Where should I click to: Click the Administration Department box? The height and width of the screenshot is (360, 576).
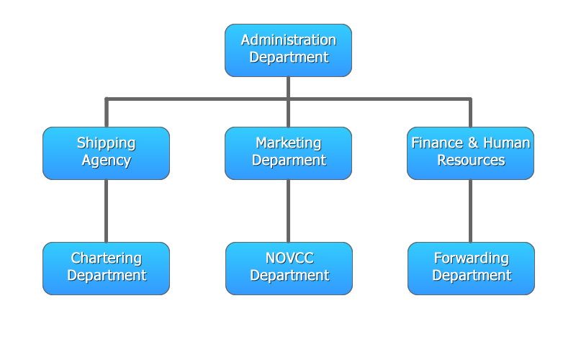[x=288, y=50]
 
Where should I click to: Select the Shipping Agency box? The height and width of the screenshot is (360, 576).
[x=106, y=153]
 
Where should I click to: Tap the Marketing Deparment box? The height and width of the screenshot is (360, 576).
[x=288, y=153]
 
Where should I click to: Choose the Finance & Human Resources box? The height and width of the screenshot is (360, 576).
[x=470, y=153]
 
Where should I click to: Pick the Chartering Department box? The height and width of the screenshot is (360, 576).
[x=106, y=268]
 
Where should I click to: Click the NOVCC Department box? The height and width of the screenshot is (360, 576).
[x=289, y=268]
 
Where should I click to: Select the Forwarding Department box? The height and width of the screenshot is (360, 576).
[x=471, y=268]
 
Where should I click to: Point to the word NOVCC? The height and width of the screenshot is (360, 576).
[x=289, y=258]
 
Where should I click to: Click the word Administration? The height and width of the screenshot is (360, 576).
[x=288, y=40]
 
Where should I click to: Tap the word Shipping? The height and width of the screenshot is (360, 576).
[x=106, y=143]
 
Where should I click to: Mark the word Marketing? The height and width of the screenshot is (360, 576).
[x=288, y=143]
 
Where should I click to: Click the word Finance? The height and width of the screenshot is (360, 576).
[x=435, y=143]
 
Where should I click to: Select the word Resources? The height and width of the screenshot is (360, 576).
[x=471, y=161]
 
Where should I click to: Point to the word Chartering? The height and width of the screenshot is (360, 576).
[x=106, y=258]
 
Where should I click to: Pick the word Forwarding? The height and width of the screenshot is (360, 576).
[x=471, y=258]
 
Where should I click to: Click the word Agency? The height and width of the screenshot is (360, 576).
[x=106, y=161]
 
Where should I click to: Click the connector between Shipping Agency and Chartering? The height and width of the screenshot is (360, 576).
[x=106, y=211]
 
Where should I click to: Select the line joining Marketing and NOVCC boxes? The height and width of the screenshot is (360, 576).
[x=288, y=211]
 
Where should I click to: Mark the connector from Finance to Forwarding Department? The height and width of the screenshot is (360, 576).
[x=470, y=211]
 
